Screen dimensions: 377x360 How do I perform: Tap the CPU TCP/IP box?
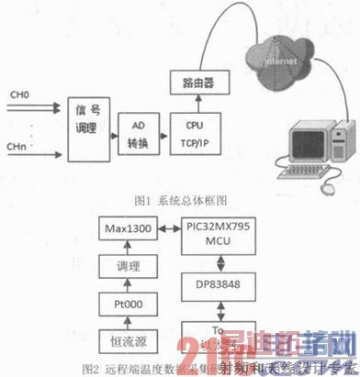pos(193,132)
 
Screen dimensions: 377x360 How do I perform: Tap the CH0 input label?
pos(19,95)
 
